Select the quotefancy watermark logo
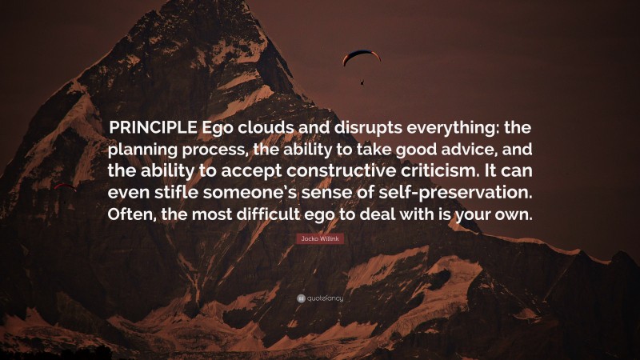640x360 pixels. coord(320,298)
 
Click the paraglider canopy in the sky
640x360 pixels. coord(361,56)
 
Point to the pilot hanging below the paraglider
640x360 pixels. coord(362,81)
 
